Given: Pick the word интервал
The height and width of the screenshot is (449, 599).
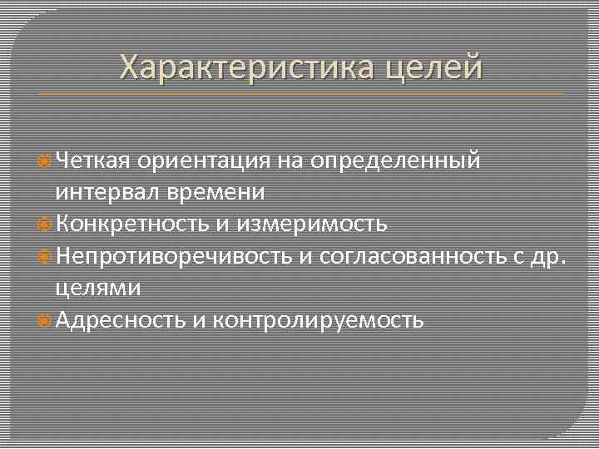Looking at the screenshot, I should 107,192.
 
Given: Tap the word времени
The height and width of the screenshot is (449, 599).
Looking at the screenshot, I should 215,193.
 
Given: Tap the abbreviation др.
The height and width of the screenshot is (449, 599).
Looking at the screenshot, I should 547,257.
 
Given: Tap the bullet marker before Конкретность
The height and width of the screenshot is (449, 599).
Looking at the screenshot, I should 47,224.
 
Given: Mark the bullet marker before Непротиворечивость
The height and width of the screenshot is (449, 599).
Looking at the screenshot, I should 47,257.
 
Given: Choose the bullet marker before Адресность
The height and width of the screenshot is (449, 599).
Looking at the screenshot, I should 47,320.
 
